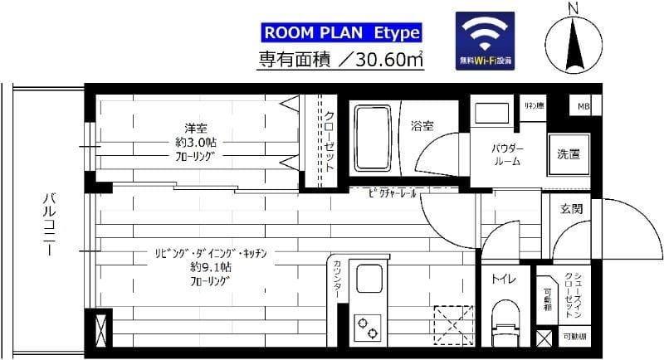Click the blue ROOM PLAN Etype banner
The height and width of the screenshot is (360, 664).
click(341, 33)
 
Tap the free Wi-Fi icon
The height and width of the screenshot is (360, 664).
click(486, 41)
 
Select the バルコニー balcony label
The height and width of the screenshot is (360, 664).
click(49, 224)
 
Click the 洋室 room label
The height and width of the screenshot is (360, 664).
click(196, 128)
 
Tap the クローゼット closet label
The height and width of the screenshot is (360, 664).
click(330, 141)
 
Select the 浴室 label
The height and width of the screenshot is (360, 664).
click(422, 127)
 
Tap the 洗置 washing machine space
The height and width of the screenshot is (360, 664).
click(568, 154)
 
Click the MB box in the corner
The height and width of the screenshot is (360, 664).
click(583, 107)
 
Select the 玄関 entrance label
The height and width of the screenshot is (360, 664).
click(571, 208)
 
